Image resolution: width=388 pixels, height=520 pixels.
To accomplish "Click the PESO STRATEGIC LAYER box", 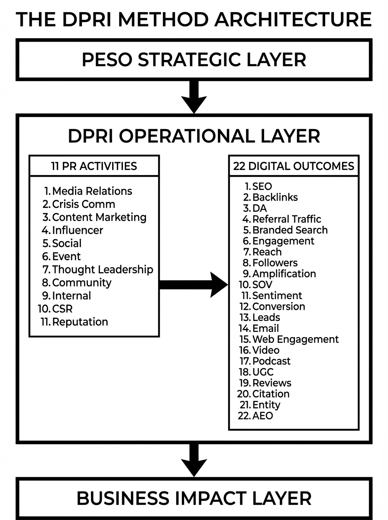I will point(194,59).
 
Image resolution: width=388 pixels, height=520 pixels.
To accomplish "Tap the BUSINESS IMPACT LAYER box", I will point(194,498).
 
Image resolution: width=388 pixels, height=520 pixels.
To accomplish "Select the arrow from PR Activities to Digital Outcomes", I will point(193,285).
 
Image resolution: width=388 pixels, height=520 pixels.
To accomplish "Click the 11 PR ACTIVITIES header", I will point(94,166).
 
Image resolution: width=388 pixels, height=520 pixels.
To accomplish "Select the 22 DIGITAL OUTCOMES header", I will point(294,166).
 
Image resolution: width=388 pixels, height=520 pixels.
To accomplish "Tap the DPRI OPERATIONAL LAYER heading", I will point(194,136).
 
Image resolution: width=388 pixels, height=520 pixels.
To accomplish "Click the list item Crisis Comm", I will point(83,204).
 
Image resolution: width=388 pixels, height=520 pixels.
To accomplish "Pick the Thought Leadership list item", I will point(102,270).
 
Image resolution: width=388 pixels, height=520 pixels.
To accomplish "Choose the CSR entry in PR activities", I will point(63,309).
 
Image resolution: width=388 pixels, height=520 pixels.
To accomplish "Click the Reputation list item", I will point(80,322).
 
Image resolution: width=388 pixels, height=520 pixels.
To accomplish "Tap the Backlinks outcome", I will point(275,197).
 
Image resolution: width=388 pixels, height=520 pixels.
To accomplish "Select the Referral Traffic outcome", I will point(286,219).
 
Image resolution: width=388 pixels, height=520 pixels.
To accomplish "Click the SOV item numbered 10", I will point(262,285).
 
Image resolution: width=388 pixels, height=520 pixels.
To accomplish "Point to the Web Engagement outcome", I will point(295,339).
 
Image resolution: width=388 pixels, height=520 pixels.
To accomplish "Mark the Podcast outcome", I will point(271,361).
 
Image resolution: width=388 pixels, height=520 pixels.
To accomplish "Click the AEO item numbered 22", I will point(262,416).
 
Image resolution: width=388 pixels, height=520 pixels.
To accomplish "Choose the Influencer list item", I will point(78,230).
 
